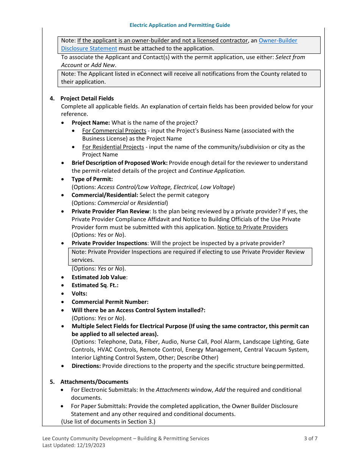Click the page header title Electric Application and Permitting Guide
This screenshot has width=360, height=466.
coord(180,25)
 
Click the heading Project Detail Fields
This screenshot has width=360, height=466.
coord(87,99)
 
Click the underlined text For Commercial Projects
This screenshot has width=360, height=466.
coord(114,131)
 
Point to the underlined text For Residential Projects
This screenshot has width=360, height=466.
coord(113,147)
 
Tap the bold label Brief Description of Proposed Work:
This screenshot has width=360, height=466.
coord(119,163)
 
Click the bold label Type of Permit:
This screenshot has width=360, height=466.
coord(92,179)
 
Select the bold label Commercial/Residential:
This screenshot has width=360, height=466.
coord(105,195)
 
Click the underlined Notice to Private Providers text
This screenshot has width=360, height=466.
coord(252,227)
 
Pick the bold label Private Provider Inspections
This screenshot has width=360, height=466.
coord(109,243)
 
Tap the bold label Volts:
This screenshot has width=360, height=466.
coord(79,294)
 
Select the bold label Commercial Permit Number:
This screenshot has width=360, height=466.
coord(110,302)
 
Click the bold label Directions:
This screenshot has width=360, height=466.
coord(86,366)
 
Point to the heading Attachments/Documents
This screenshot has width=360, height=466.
coord(94,382)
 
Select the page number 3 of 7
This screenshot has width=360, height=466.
coord(310,438)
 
